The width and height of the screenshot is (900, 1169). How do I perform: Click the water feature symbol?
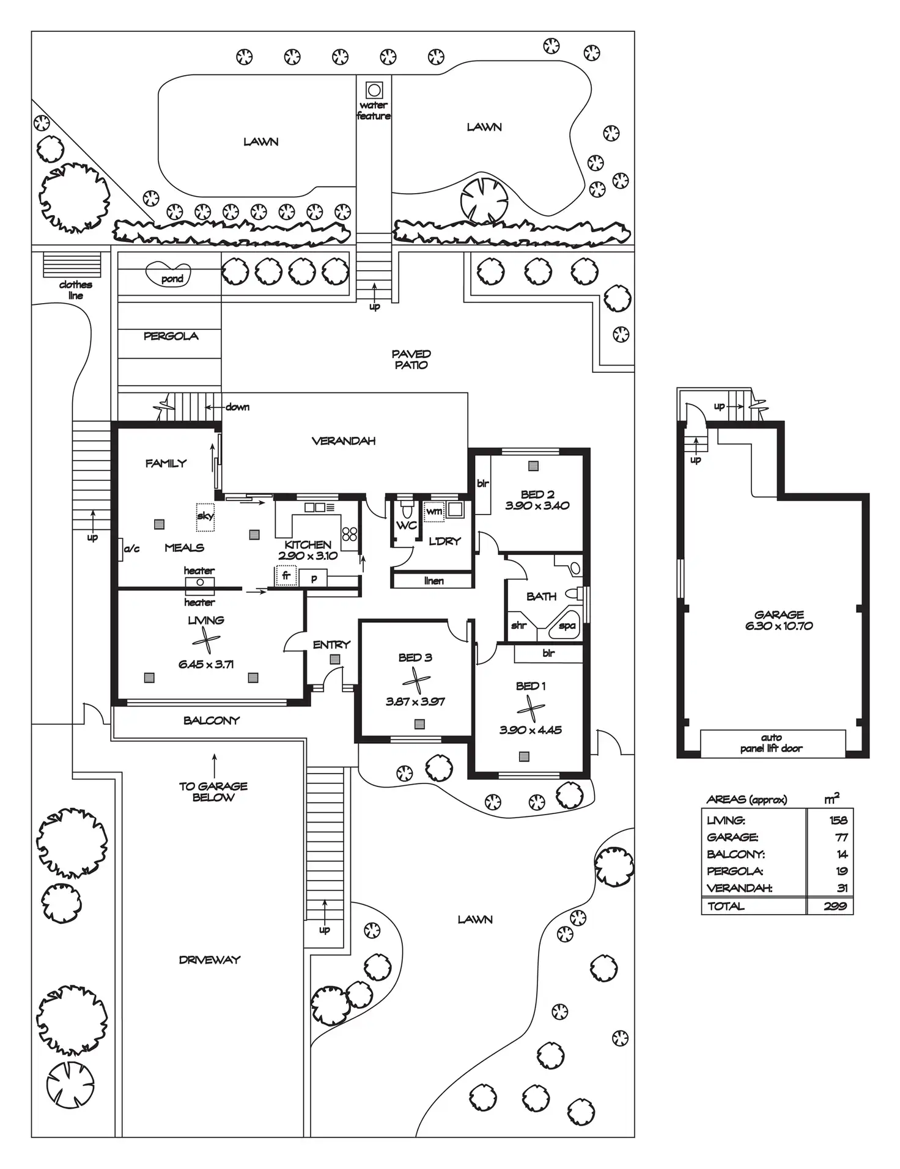[x=374, y=90]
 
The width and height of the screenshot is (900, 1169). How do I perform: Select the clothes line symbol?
[x=72, y=265]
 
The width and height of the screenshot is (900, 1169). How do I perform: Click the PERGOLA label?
[x=171, y=336]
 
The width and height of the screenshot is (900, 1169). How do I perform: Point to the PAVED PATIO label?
[x=411, y=359]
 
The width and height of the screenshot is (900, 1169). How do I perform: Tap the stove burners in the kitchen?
[x=350, y=534]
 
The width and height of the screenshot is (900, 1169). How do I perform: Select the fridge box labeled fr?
[x=286, y=576]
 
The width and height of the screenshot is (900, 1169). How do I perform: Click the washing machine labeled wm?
[x=434, y=511]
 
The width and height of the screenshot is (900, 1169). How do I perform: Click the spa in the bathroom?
[x=566, y=625]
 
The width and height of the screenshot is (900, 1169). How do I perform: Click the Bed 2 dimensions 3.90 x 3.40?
[x=537, y=505]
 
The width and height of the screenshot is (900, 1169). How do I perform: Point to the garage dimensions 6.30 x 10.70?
[x=779, y=626]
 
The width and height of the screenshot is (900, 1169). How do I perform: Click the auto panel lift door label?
[x=771, y=742]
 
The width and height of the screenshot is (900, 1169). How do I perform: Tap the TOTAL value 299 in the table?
[x=835, y=906]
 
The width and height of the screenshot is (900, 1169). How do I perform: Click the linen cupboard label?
[x=433, y=581]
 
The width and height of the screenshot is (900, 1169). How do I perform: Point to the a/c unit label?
[x=131, y=549]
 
